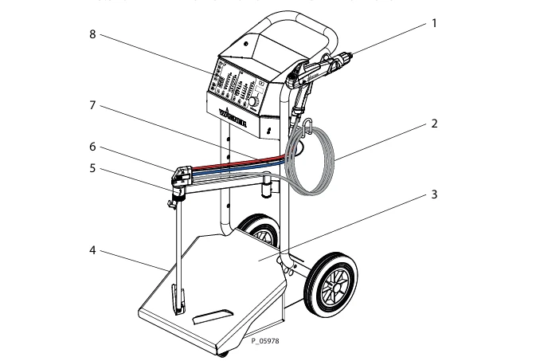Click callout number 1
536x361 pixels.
pyautogui.click(x=434, y=23)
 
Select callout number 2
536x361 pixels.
pyautogui.click(x=434, y=124)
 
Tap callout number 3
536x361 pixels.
pyautogui.click(x=434, y=194)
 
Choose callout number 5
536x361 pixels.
pyautogui.click(x=93, y=168)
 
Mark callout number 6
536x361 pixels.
pyautogui.click(x=93, y=147)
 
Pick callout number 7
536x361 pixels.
pyautogui.click(x=93, y=104)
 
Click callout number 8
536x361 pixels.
pyautogui.click(x=93, y=35)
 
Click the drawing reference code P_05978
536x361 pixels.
pyautogui.click(x=265, y=341)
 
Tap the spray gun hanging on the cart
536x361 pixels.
pyautogui.click(x=319, y=72)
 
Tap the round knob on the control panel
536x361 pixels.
pyautogui.click(x=254, y=101)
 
